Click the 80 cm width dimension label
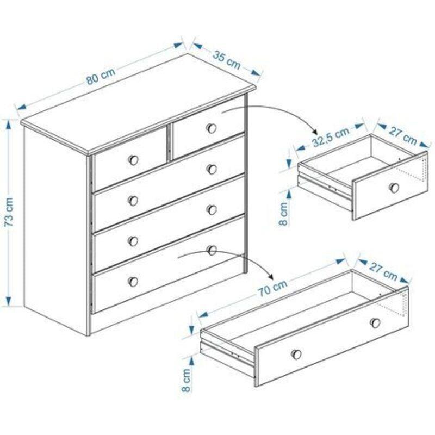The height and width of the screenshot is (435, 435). tap(101, 76)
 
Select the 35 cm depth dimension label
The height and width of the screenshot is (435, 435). tap(226, 60)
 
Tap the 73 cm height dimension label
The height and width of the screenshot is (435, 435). tap(9, 212)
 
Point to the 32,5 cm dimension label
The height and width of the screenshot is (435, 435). tap(331, 138)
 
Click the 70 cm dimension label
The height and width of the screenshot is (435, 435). tap(273, 288)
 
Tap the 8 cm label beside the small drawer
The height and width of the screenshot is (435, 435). tap(284, 214)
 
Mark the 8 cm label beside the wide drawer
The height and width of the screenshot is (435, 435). tap(186, 380)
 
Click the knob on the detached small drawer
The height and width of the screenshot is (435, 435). tap(394, 188)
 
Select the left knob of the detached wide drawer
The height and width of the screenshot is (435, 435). tap(296, 355)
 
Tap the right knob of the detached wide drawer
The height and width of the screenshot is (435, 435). tap(375, 322)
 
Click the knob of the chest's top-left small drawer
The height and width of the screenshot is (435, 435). tap(133, 160)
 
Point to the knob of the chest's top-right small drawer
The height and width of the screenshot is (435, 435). tap(212, 128)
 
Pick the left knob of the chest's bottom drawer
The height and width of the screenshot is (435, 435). tap(133, 282)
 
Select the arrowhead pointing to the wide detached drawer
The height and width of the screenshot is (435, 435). tap(270, 276)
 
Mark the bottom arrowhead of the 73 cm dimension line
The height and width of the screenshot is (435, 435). tap(9, 301)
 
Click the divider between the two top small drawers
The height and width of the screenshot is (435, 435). tap(169, 144)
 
